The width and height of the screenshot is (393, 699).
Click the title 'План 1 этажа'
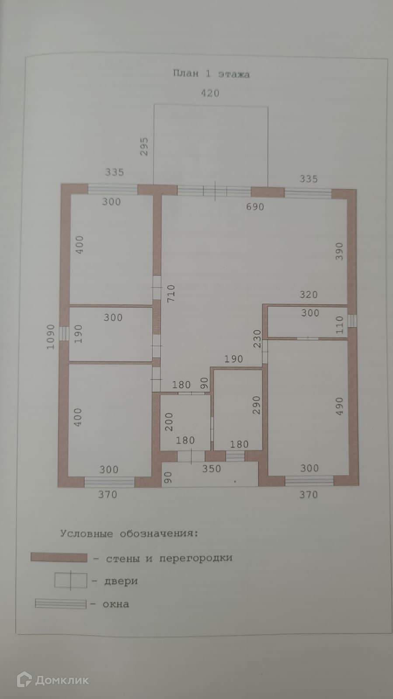pyautogui.click(x=211, y=73)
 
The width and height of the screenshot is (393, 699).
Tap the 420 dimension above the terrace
pyautogui.click(x=210, y=93)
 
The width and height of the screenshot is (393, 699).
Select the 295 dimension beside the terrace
pyautogui.click(x=144, y=146)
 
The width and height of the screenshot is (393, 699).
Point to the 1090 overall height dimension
pyautogui.click(x=51, y=337)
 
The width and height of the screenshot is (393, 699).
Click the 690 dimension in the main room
pyautogui.click(x=255, y=207)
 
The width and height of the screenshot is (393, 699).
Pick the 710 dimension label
pyautogui.click(x=171, y=293)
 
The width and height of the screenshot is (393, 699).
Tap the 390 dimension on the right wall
pyautogui.click(x=339, y=251)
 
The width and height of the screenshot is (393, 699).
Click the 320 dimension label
pyautogui.click(x=308, y=295)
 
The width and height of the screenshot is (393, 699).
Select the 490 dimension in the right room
pyautogui.click(x=339, y=406)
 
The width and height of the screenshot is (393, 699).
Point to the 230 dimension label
pyautogui.click(x=257, y=339)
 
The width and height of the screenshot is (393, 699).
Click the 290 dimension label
pyautogui.click(x=257, y=405)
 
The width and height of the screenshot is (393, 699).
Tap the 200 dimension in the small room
pyautogui.click(x=169, y=422)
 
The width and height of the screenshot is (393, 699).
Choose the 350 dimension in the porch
pyautogui.click(x=211, y=468)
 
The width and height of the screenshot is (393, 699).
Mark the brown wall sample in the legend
pyautogui.click(x=59, y=558)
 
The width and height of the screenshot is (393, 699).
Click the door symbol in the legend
pyautogui.click(x=70, y=581)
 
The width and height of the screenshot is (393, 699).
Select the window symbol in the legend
pyautogui.click(x=61, y=604)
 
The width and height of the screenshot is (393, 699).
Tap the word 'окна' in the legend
pyautogui.click(x=116, y=604)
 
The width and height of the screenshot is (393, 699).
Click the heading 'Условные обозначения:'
pyautogui.click(x=129, y=533)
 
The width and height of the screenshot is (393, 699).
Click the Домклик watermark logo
pyautogui.click(x=53, y=680)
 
